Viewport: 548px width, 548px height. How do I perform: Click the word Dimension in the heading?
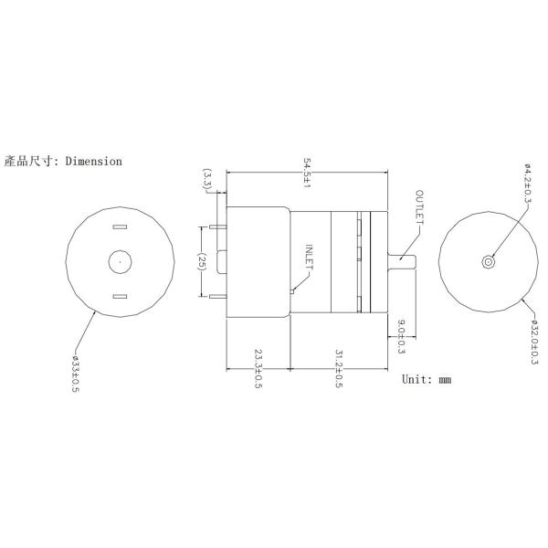click(x=91, y=162)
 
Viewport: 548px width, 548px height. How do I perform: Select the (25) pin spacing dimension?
click(x=202, y=261)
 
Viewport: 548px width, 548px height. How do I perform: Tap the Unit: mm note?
click(x=427, y=378)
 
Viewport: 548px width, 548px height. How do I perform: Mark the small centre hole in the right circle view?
click(x=489, y=262)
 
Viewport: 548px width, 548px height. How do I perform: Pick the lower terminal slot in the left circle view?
click(x=119, y=296)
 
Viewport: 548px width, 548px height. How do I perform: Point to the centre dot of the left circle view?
click(x=120, y=262)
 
